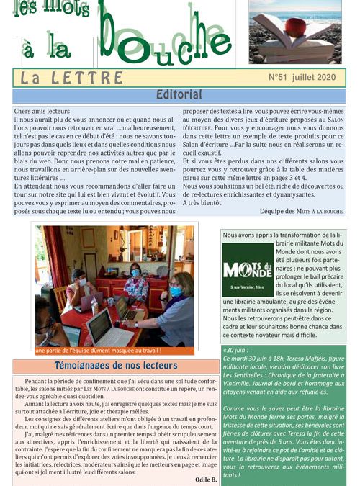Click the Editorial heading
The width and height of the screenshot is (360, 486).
pos(179,95)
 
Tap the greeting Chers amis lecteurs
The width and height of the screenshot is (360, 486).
pos(42,111)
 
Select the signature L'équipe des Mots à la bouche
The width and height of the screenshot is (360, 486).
pos(302,212)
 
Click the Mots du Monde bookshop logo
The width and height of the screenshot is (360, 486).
pos(247,272)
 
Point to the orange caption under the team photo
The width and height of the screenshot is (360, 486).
pos(98,351)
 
